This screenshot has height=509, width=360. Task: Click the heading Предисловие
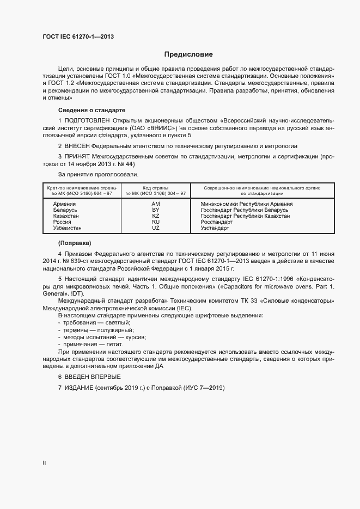[x=189, y=54]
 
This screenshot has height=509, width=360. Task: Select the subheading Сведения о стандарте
[x=91, y=109]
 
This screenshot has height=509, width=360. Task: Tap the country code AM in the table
[x=155, y=204]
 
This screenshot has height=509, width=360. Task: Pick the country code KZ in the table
[x=155, y=216]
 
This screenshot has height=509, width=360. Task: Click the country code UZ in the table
[x=155, y=228]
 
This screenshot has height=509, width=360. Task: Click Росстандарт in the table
[x=216, y=222]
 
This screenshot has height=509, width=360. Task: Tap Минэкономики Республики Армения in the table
[x=246, y=204]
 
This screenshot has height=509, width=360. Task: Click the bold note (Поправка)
[x=75, y=242]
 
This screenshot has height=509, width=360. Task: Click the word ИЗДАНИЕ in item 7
[x=78, y=388]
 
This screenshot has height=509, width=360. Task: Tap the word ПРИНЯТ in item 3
[x=78, y=156]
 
